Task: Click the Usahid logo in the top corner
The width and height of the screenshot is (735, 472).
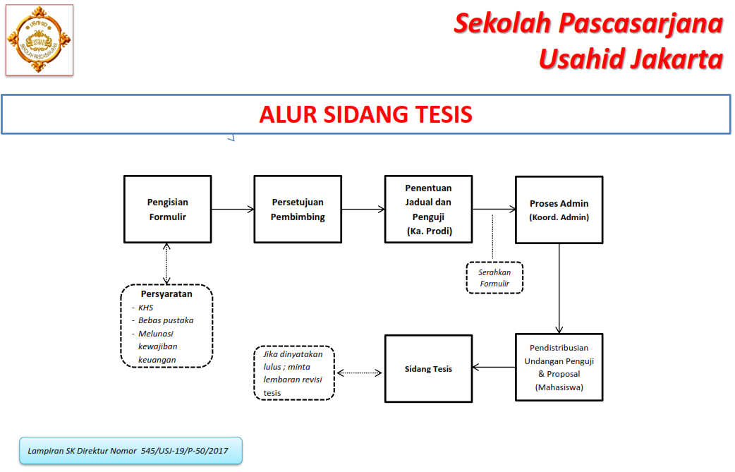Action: coord(39,40)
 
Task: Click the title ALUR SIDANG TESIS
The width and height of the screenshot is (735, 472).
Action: coord(365,114)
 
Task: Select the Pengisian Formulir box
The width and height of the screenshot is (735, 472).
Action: coord(167,210)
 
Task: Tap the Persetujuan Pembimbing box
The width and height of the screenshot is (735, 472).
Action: coord(298,210)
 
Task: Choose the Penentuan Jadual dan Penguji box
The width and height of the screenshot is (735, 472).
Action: coord(428,210)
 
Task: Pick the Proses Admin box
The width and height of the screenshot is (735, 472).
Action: coord(559,210)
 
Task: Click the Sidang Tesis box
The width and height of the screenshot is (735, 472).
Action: coord(428,368)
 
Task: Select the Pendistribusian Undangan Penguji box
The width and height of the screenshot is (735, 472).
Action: coord(559,368)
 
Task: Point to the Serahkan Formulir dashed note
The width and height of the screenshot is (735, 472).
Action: coord(494,278)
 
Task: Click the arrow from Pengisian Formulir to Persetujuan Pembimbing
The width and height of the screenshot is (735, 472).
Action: coord(233,209)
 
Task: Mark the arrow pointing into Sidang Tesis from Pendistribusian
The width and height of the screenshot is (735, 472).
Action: coord(493,367)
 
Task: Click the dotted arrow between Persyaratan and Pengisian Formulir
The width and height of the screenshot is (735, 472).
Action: coord(166,263)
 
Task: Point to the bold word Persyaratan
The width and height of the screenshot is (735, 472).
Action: coord(166,294)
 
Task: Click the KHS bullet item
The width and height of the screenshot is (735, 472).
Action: coord(145,308)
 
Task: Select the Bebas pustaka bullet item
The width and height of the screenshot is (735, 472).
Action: coord(166,320)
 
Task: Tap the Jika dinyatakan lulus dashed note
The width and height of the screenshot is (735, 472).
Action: coord(293,373)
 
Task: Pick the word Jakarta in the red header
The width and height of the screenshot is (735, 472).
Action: coord(673,59)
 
